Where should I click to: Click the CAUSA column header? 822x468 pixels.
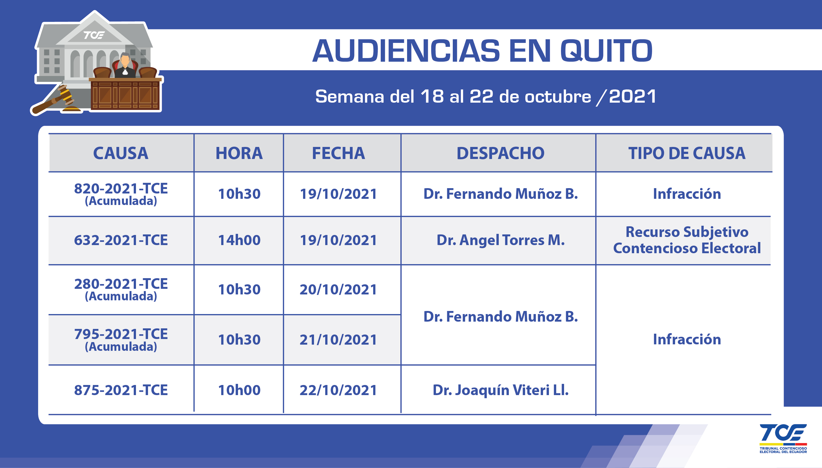121,153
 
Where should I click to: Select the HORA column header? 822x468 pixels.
239,153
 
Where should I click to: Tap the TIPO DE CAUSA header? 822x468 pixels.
687,153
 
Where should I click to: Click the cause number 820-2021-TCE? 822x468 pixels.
121,188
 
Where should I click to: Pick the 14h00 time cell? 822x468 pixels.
239,240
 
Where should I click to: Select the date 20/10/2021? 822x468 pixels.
338,290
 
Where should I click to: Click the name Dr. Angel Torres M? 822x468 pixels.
500,240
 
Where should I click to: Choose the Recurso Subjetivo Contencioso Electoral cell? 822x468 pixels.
687,240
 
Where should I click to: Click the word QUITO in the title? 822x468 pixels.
606,51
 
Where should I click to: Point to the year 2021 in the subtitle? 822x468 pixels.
632,96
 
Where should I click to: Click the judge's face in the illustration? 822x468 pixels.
125,60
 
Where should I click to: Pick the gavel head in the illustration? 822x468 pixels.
65,94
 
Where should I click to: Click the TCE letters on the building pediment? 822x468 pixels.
94,35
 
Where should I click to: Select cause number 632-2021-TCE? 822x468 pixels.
121,240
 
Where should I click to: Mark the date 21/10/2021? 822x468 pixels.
338,340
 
